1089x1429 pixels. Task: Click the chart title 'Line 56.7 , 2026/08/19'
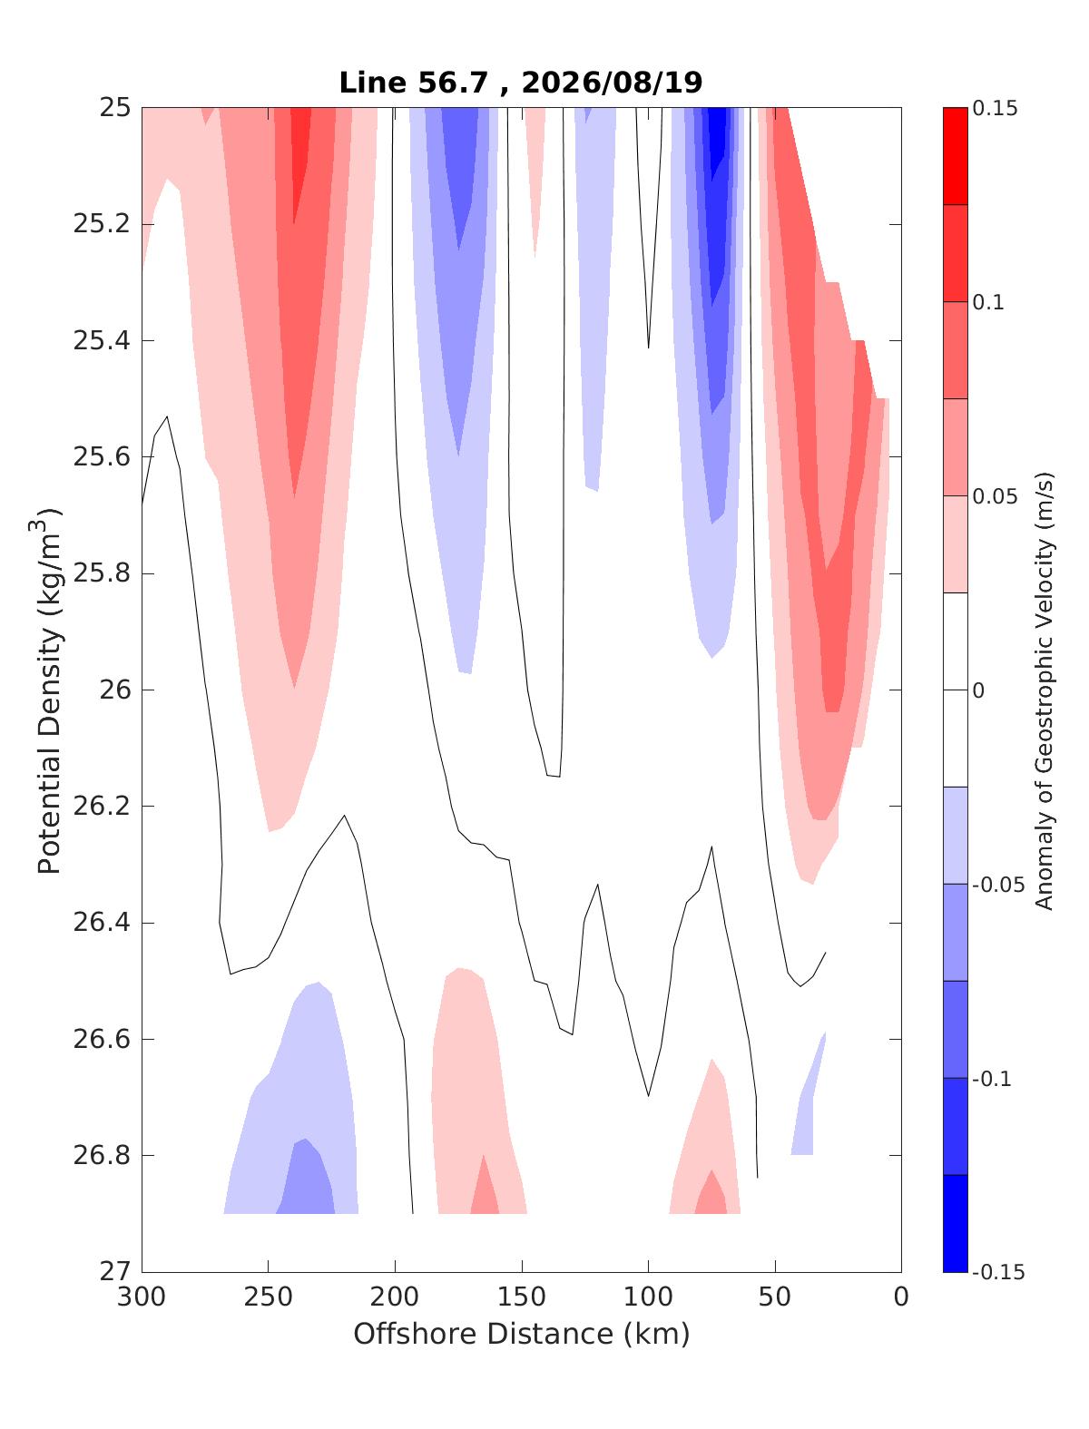point(521,83)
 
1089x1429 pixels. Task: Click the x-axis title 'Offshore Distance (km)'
point(522,1334)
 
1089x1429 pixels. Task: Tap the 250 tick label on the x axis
point(268,1297)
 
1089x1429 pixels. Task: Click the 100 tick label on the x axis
point(648,1297)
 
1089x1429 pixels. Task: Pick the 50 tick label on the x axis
point(775,1297)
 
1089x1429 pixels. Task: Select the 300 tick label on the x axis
point(142,1297)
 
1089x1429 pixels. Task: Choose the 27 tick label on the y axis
point(115,1271)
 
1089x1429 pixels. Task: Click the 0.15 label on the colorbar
point(995,108)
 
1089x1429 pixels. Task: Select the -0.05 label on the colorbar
point(998,885)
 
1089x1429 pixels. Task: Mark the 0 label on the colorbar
point(978,690)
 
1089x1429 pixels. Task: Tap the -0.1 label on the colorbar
point(992,1079)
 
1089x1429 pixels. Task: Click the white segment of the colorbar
point(955,690)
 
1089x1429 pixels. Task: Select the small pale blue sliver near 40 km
point(807,1101)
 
